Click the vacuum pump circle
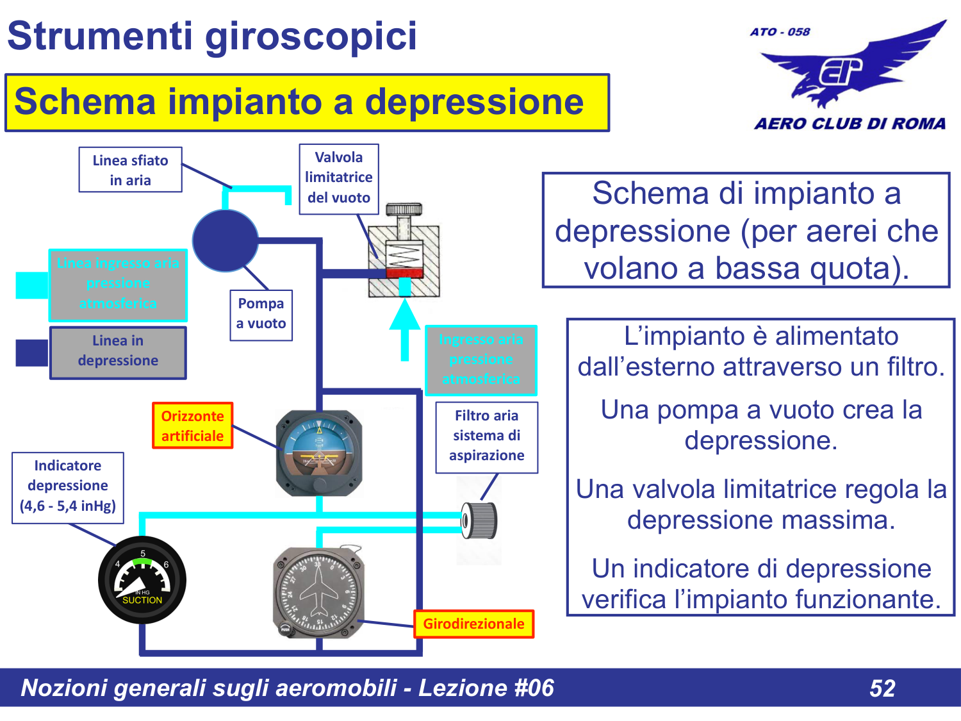[x=225, y=240]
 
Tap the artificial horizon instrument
[x=319, y=452]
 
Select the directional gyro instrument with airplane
[x=318, y=593]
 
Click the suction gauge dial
[x=142, y=580]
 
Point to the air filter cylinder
[x=479, y=520]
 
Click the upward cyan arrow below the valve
[x=404, y=330]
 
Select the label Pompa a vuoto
[x=261, y=314]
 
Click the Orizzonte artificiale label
[x=192, y=426]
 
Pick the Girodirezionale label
[x=473, y=624]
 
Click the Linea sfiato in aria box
[x=130, y=170]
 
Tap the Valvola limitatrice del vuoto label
[x=338, y=178]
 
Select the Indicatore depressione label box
[x=68, y=486]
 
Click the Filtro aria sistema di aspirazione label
[x=486, y=436]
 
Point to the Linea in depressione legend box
[x=118, y=352]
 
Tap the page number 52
[x=882, y=688]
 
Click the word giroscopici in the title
[x=311, y=36]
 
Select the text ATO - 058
[x=780, y=32]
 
